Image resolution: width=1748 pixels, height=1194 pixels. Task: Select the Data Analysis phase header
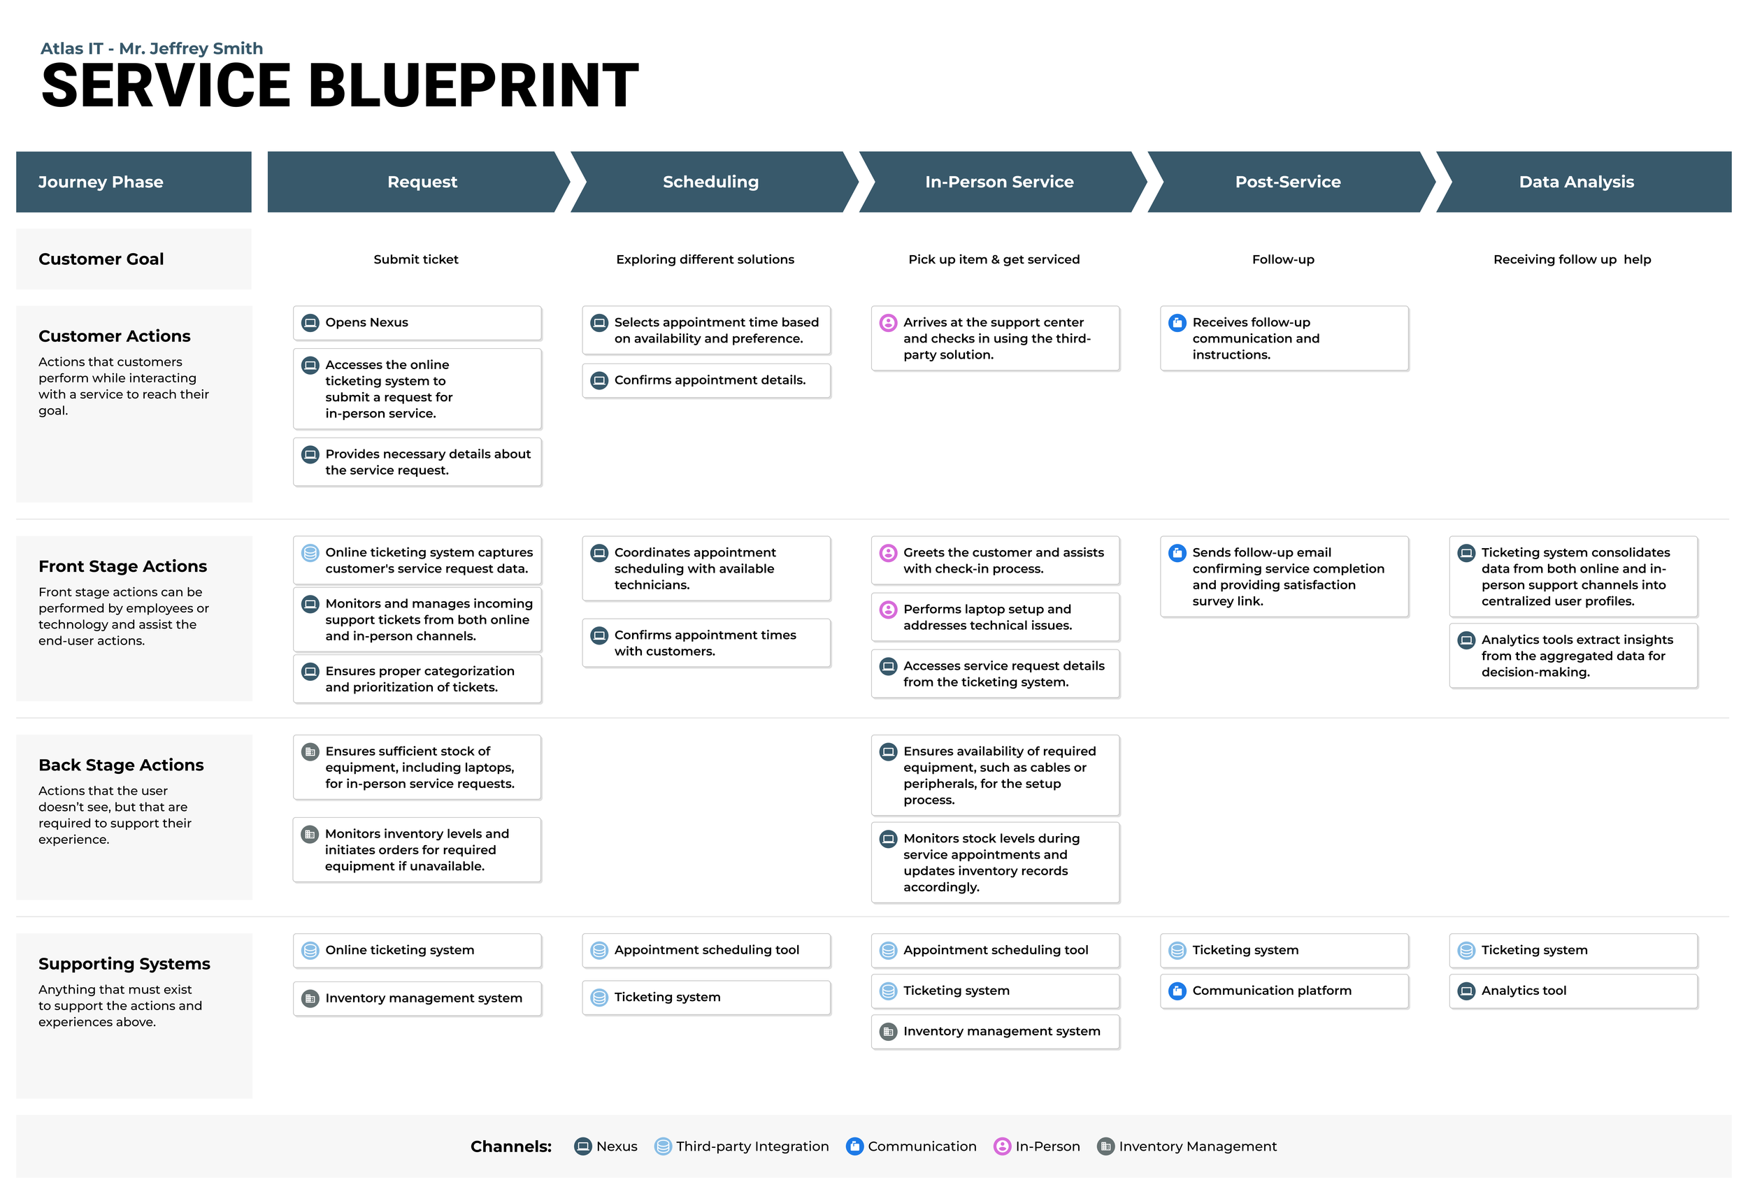(1576, 182)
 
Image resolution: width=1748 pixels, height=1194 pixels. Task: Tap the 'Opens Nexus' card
(417, 322)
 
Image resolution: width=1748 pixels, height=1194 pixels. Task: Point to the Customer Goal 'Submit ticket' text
(416, 259)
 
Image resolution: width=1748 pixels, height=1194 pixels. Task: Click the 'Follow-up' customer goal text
(1282, 259)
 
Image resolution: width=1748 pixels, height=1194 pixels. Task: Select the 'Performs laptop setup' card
(994, 617)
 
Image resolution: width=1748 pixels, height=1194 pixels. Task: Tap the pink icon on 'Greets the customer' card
(887, 554)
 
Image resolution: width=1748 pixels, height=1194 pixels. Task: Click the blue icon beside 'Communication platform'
(1177, 991)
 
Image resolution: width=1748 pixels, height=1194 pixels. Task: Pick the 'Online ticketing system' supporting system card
(417, 951)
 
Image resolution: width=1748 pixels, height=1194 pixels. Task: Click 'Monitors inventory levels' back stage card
(417, 849)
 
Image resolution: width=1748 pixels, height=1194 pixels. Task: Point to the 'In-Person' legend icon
(1002, 1146)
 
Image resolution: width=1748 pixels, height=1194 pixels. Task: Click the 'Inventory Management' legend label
(1198, 1146)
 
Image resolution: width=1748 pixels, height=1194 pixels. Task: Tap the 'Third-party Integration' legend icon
(663, 1146)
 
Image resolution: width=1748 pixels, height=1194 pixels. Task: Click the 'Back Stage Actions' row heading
(121, 765)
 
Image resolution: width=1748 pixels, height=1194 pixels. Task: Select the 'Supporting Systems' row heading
(124, 964)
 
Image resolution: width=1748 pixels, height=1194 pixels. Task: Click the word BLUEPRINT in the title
(474, 86)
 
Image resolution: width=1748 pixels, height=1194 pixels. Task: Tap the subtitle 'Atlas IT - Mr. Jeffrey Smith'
(151, 49)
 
